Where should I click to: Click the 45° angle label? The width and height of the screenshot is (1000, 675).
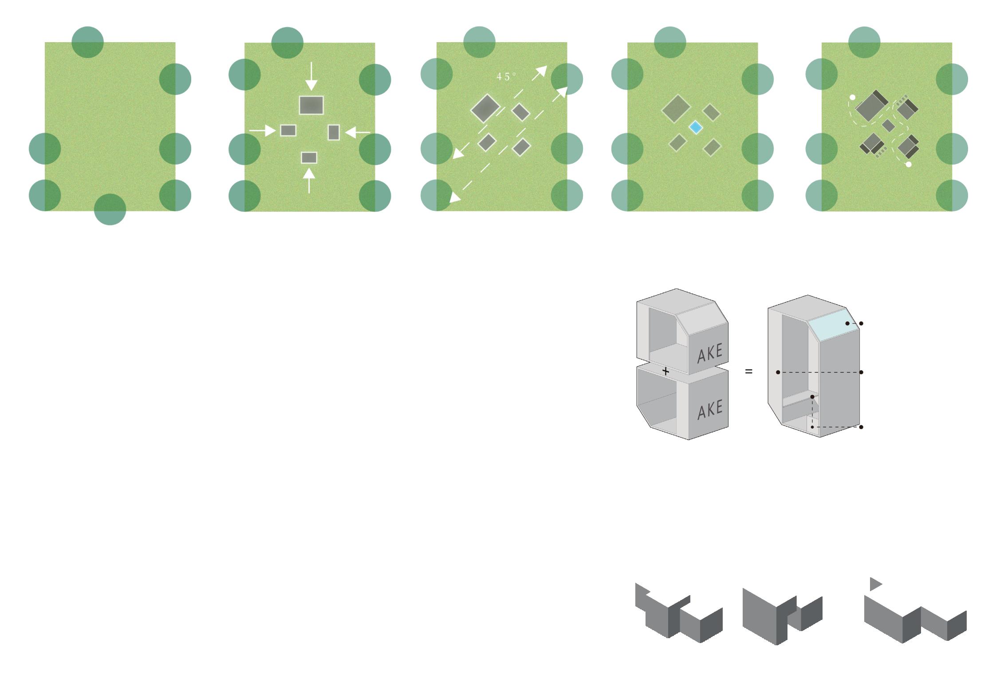pos(506,77)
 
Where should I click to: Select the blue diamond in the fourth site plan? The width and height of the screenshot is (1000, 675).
pos(696,128)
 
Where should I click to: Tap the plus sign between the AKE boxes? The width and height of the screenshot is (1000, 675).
pos(665,371)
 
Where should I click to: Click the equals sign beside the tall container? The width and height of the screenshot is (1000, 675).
pos(749,371)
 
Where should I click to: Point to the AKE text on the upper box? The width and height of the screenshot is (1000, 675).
pos(710,354)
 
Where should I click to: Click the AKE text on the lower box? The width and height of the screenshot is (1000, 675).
pos(710,410)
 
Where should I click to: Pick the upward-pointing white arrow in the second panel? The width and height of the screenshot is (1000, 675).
pos(309,180)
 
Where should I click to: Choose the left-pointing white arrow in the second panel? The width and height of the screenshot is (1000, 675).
pos(357,132)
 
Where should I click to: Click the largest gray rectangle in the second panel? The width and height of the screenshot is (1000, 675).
pos(311,105)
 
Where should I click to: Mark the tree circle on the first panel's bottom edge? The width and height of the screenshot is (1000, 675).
pos(110,209)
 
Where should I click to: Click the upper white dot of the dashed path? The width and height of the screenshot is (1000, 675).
pos(852,97)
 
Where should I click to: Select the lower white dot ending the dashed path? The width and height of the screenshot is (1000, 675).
pos(909,165)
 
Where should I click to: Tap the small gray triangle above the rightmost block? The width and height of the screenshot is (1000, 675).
pos(875,584)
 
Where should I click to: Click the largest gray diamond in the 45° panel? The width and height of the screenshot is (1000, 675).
pos(485,108)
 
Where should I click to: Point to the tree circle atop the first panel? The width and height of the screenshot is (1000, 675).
pos(87,42)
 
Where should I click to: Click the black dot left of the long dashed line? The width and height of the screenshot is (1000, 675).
pos(778,372)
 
